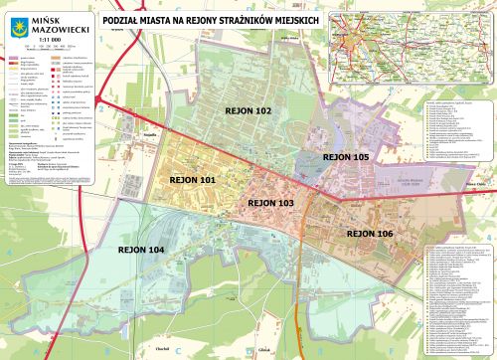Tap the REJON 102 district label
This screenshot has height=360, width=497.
coord(248,111)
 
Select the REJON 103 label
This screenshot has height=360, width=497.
coord(270,202)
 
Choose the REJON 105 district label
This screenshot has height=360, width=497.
coord(346,157)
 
